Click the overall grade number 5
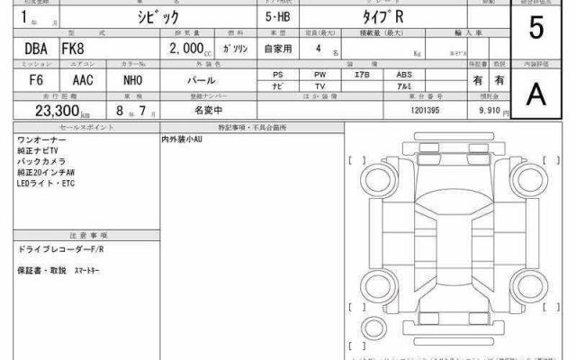pyautogui.click(x=536, y=28)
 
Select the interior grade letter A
pyautogui.click(x=536, y=93)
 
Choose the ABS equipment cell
pyautogui.click(x=405, y=74)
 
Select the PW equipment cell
pyautogui.click(x=319, y=74)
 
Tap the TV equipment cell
pyautogui.click(x=319, y=85)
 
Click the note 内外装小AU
pyautogui.click(x=184, y=141)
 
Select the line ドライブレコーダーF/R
pyautogui.click(x=56, y=247)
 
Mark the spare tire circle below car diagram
pyautogui.click(x=373, y=325)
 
